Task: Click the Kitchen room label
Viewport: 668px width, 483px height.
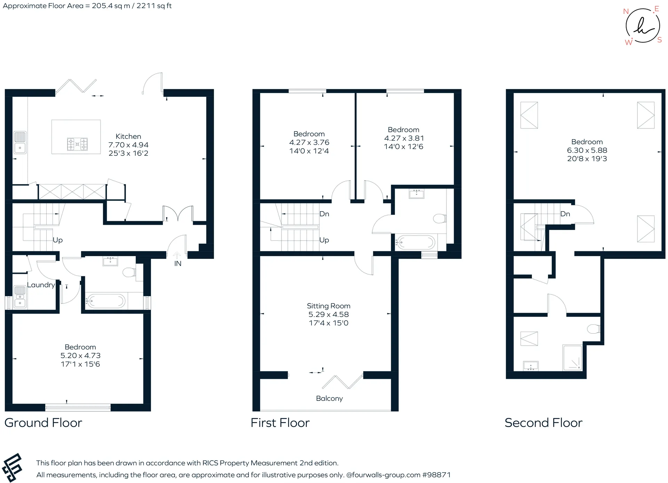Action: coord(128,136)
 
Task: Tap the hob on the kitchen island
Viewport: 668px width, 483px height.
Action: coord(77,144)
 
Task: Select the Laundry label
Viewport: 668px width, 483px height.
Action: coord(41,285)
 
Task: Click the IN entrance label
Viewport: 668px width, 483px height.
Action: coord(178,263)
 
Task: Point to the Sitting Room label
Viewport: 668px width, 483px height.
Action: coord(328,306)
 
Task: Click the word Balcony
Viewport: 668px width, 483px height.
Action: coord(329,398)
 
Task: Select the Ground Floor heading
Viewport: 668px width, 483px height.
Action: coord(43,423)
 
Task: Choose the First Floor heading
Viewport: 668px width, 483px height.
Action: coord(280,423)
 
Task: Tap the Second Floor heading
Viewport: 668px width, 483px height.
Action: coord(543,423)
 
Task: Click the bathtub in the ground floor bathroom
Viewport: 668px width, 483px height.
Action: coord(106,301)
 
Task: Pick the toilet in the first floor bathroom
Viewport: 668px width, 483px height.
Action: coord(440,219)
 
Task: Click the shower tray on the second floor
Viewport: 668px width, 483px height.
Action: coord(572,357)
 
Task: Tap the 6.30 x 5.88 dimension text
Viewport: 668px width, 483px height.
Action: coord(587,150)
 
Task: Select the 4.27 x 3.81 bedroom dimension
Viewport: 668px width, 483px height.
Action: coord(404,138)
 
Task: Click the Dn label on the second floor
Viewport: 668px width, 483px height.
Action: coord(565,214)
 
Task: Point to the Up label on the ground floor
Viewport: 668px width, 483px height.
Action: coord(58,240)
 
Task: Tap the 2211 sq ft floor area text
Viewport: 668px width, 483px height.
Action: coord(154,6)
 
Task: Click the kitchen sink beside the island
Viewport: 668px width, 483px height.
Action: coord(20,143)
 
